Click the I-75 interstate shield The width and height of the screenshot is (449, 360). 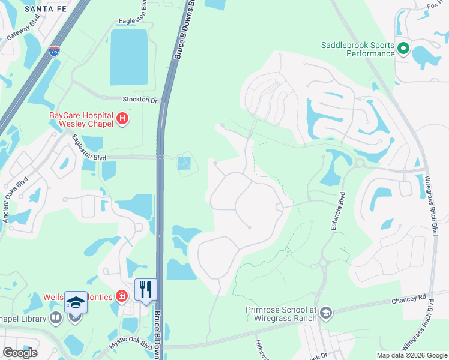tap(54, 50)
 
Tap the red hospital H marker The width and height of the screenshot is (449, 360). tap(122, 119)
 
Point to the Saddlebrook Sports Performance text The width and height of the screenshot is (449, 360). tap(357, 49)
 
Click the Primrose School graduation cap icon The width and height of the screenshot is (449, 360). tap(325, 313)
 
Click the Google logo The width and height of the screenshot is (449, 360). tap(20, 353)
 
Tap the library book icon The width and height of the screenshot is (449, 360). tap(56, 317)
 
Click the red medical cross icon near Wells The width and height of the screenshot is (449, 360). tap(122, 296)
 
